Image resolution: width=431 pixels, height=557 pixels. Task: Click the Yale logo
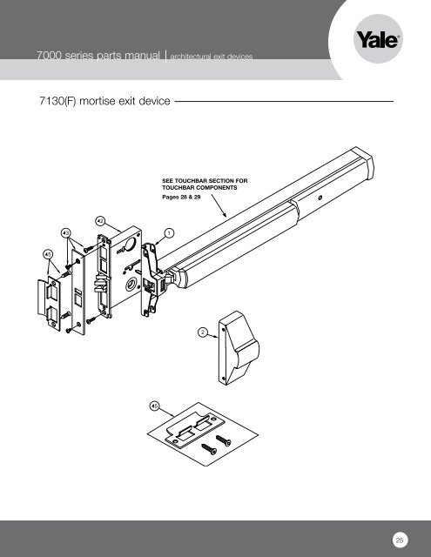pos(378,39)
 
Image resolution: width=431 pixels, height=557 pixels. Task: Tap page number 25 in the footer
pos(400,540)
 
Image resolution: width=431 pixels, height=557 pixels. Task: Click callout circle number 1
pos(170,233)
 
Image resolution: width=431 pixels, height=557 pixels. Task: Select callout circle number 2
pos(203,332)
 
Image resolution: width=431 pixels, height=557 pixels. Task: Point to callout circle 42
pos(100,221)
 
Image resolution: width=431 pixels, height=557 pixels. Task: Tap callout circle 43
pos(66,233)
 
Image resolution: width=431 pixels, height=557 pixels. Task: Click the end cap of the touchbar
pos(362,164)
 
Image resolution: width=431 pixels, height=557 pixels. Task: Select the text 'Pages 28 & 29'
pos(181,198)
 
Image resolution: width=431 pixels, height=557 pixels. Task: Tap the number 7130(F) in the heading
pos(58,101)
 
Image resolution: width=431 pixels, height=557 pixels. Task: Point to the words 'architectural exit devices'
pos(212,57)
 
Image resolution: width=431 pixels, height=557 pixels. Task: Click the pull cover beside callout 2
pos(239,348)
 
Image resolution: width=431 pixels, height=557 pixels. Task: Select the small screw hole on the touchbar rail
pos(320,198)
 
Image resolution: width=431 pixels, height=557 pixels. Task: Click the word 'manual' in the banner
pos(144,56)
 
